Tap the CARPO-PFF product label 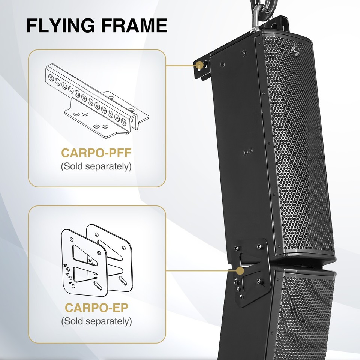point(96,154)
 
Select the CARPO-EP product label point(97,307)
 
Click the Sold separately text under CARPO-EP point(97,321)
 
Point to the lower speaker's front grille point(311,311)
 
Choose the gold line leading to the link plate point(199,269)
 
